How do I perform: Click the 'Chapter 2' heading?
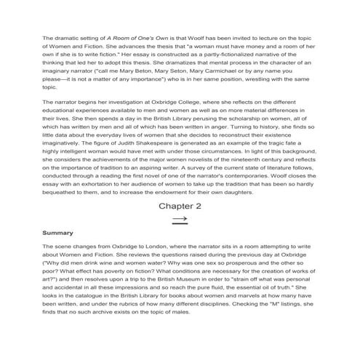coord(179,206)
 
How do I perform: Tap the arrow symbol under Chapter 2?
coord(180,219)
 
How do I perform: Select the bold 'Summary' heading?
coord(57,233)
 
